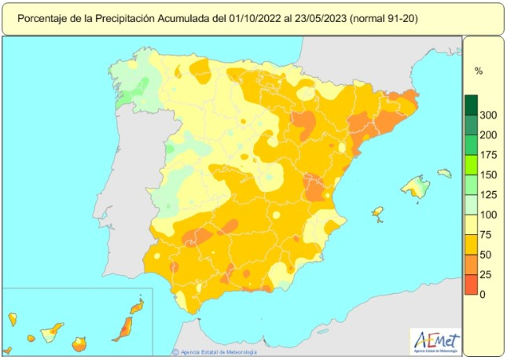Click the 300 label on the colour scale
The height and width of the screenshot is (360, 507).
pyautogui.click(x=488, y=116)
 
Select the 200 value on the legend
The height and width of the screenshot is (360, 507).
pyautogui.click(x=488, y=135)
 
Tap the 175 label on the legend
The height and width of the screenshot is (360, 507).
pyautogui.click(x=488, y=155)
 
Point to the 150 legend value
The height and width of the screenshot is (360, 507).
pyautogui.click(x=488, y=175)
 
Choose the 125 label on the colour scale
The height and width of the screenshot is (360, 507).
pyautogui.click(x=488, y=195)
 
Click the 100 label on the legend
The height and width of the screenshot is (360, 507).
pyautogui.click(x=488, y=215)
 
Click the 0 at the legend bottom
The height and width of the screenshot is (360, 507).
pyautogui.click(x=483, y=294)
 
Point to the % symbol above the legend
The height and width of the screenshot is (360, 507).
pyautogui.click(x=478, y=71)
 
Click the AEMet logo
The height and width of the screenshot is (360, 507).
pyautogui.click(x=437, y=340)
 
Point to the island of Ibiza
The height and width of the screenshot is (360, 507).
pyautogui.click(x=377, y=215)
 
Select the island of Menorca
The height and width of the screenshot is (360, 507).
pyautogui.click(x=445, y=173)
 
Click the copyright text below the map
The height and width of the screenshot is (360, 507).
pyautogui.click(x=216, y=351)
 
